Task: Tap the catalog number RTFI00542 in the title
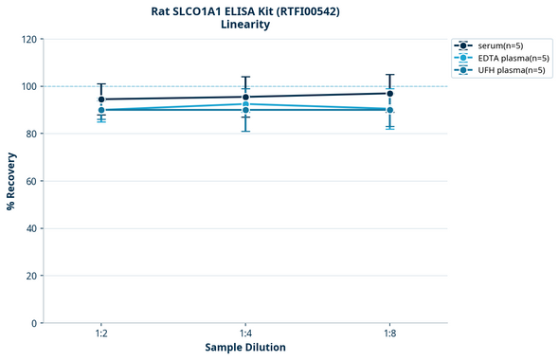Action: (x=304, y=11)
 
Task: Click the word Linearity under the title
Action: (x=244, y=26)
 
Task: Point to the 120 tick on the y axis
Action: (x=28, y=39)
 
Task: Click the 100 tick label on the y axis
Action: (x=28, y=86)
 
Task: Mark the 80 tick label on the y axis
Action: (x=31, y=134)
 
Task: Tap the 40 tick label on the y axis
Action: (x=31, y=228)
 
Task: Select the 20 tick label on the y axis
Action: (x=31, y=276)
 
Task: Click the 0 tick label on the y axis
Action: (x=34, y=323)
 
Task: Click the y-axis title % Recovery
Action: (x=11, y=181)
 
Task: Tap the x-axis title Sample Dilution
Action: (x=245, y=348)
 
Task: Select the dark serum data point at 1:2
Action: (x=101, y=99)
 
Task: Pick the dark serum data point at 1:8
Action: (x=389, y=93)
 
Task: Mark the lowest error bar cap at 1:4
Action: (x=245, y=131)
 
